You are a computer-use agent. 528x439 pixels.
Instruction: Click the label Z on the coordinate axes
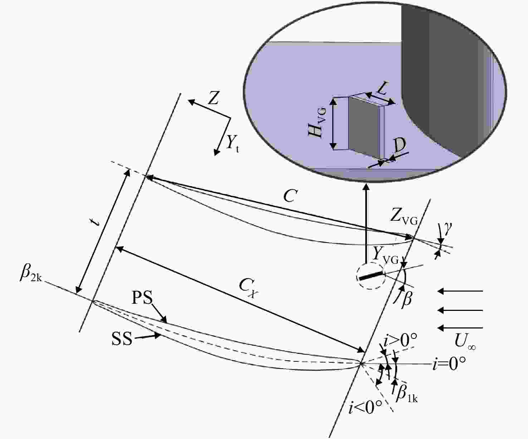coord(213,98)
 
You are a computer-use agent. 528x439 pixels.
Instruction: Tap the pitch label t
coord(96,222)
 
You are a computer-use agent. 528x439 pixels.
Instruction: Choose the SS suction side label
coord(122,339)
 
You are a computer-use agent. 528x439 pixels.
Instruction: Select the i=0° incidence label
coord(449,364)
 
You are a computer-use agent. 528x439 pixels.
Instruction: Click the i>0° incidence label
coord(400,340)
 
